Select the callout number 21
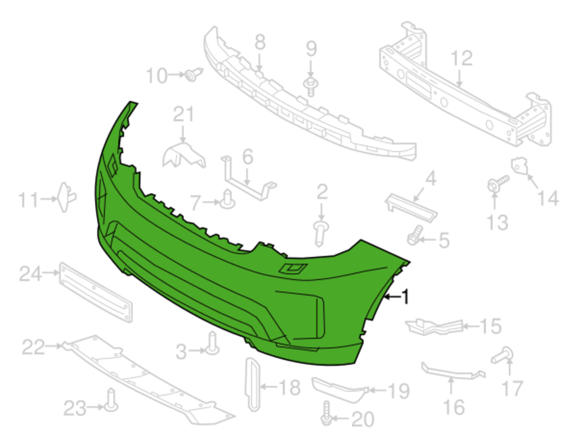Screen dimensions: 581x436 click(183, 114)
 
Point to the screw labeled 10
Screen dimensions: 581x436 click(194, 74)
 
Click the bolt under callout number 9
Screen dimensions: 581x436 click(311, 87)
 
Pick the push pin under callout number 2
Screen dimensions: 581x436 click(321, 233)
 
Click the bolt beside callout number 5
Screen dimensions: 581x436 click(414, 235)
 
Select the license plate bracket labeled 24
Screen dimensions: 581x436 click(96, 292)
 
